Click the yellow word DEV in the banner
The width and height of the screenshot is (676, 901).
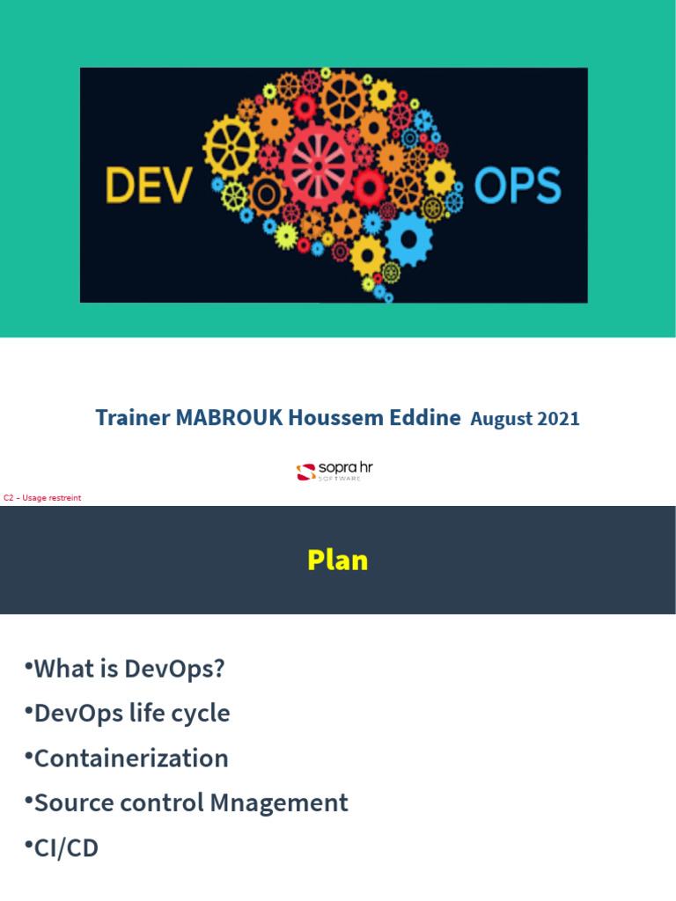tap(148, 185)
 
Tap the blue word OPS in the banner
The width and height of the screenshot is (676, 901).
tap(517, 187)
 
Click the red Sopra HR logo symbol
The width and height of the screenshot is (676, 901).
tap(305, 472)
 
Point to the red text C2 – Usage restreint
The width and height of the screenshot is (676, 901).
tap(42, 498)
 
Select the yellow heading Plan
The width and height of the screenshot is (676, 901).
tap(338, 560)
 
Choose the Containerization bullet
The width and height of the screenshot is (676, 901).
tap(131, 758)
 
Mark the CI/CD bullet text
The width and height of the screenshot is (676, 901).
tap(66, 848)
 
